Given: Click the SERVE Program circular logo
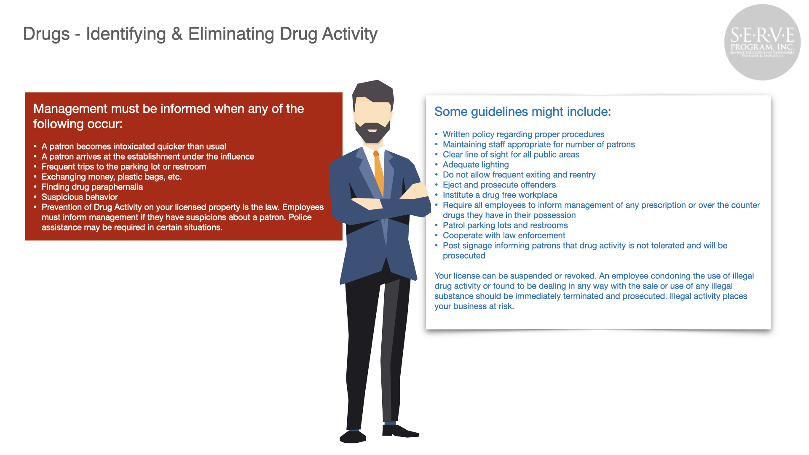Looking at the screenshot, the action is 762,42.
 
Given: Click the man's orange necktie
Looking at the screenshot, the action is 378,173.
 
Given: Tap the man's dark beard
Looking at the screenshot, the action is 372,132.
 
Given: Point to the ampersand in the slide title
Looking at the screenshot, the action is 177,34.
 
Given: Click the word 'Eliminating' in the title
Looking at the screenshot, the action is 231,34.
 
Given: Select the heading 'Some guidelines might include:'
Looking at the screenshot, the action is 522,112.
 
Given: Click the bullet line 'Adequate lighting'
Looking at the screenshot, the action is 476,165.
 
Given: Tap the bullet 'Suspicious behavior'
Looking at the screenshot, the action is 80,197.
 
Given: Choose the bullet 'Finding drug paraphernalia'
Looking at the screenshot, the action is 92,187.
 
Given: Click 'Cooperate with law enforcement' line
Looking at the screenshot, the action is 504,236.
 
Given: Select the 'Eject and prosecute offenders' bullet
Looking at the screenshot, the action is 499,185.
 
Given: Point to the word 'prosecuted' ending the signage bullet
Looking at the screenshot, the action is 464,256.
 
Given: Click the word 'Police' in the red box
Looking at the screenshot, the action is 300,217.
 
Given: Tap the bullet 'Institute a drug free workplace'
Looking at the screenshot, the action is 500,195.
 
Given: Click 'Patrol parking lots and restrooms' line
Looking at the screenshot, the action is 505,225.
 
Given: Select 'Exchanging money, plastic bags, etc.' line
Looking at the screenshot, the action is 112,177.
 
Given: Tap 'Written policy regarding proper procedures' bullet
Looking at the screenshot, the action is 523,134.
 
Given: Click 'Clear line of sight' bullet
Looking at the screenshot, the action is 511,155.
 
